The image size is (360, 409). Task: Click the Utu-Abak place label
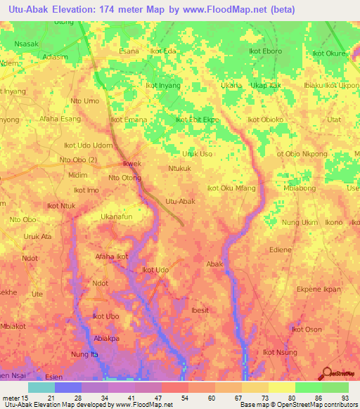point(179,202)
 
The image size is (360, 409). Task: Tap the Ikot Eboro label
point(265,51)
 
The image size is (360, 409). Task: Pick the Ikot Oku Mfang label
point(231,188)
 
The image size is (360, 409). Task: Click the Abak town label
point(214,264)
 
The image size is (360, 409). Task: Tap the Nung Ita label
point(85,354)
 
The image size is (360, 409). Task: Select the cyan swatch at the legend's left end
point(41,387)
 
